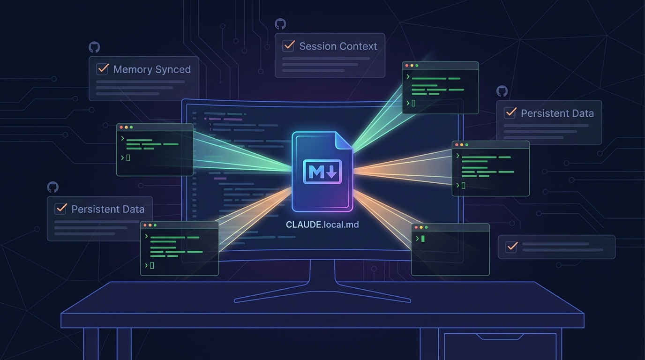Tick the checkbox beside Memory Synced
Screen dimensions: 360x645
pyautogui.click(x=102, y=69)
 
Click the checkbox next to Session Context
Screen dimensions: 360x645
pyautogui.click(x=288, y=46)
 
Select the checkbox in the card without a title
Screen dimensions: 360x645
pyautogui.click(x=511, y=247)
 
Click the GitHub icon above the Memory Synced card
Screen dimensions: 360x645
pyautogui.click(x=94, y=47)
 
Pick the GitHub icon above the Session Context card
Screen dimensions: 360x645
pyautogui.click(x=280, y=24)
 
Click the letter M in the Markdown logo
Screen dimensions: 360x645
pyautogui.click(x=316, y=172)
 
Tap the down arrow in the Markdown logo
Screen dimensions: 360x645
pyautogui.click(x=332, y=172)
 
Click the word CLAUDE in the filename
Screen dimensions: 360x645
pyautogui.click(x=304, y=225)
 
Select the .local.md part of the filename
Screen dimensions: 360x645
pyautogui.click(x=341, y=225)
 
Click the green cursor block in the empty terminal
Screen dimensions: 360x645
pyautogui.click(x=423, y=239)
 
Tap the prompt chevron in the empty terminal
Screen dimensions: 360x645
pyautogui.click(x=417, y=239)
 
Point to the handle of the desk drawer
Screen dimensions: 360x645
pyautogui.click(x=500, y=337)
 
